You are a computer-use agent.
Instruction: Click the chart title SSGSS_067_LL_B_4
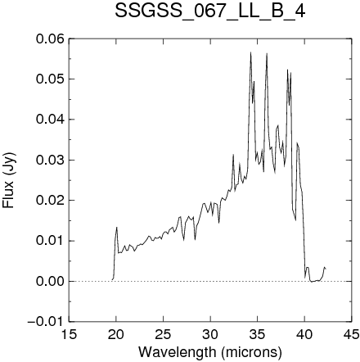click(209, 11)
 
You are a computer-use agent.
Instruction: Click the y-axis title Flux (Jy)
click(8, 180)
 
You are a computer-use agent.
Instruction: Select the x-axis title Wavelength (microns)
click(210, 352)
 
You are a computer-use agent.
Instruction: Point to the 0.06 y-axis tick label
click(50, 38)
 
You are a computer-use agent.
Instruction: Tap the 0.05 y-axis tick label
click(50, 79)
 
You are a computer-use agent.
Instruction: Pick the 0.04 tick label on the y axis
click(50, 120)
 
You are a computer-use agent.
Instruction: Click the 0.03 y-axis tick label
click(50, 160)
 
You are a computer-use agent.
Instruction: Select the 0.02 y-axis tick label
click(50, 201)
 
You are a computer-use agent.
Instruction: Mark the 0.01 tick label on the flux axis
click(50, 241)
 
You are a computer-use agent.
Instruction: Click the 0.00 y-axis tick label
click(50, 282)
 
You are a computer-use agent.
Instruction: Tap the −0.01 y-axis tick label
click(46, 322)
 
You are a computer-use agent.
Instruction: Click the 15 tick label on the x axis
click(69, 334)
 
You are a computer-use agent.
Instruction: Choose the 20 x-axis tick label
click(116, 334)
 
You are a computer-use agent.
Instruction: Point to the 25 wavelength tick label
click(163, 334)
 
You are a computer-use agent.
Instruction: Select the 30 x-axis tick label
click(210, 334)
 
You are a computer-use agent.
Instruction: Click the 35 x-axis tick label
click(258, 334)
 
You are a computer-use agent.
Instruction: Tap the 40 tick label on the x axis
click(304, 334)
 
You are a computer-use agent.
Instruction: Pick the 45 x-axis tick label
click(352, 334)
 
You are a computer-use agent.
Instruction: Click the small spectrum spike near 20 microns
click(117, 228)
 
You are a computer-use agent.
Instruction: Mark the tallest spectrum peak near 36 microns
click(267, 53)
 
